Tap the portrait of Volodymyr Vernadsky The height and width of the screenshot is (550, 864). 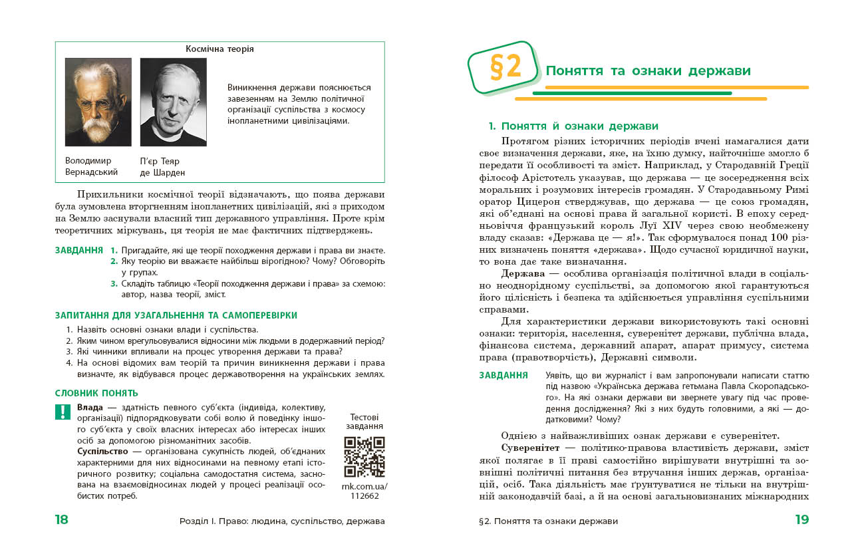[x=98, y=102]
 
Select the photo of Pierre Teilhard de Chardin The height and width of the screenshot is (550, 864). [x=173, y=102]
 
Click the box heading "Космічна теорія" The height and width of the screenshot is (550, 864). [x=219, y=49]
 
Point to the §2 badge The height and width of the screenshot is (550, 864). [x=504, y=67]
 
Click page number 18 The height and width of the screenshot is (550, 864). [x=62, y=520]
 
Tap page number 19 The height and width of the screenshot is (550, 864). [x=801, y=520]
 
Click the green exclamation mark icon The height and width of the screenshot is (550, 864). [x=63, y=412]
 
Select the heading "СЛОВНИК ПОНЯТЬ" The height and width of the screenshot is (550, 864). [x=96, y=393]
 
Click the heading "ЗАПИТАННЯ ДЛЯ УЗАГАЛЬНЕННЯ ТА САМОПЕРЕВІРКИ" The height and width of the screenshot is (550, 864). [x=176, y=315]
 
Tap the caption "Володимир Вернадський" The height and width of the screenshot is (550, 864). [x=91, y=166]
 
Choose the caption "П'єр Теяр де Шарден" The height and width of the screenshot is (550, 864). [x=162, y=166]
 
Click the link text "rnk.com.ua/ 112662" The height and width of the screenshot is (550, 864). [x=364, y=490]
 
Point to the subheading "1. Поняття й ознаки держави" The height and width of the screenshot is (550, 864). [x=573, y=126]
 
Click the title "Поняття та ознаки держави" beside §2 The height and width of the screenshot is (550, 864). [x=648, y=71]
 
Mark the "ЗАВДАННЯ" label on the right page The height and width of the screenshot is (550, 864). [x=504, y=375]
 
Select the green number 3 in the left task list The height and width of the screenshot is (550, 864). [x=114, y=284]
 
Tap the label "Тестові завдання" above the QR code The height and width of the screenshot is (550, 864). [x=364, y=422]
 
